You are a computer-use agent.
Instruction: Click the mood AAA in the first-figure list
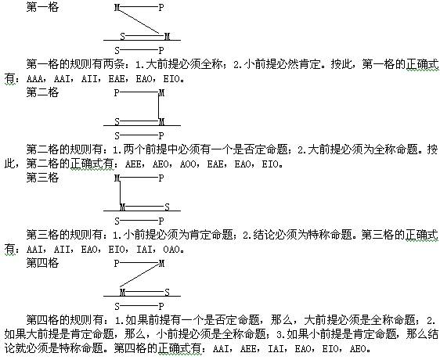click(x=34, y=79)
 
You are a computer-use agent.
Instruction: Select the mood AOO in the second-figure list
click(x=188, y=164)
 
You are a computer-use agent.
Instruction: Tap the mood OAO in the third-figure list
click(x=171, y=249)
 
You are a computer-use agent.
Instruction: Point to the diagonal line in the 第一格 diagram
click(x=139, y=21)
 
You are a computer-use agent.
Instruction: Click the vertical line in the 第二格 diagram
click(x=159, y=106)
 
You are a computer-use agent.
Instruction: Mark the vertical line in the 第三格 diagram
click(x=121, y=193)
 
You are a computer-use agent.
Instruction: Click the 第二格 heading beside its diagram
click(x=42, y=92)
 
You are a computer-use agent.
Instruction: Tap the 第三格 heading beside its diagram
click(x=42, y=178)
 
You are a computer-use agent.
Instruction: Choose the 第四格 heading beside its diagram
click(x=42, y=263)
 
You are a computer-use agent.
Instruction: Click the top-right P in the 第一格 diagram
click(x=160, y=8)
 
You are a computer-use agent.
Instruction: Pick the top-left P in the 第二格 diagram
click(x=117, y=93)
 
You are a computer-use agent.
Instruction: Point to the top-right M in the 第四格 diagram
click(x=161, y=264)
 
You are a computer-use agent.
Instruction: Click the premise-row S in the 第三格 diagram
click(x=167, y=207)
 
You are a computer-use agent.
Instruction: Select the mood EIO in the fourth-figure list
click(x=330, y=349)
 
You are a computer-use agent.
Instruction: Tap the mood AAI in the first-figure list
click(x=62, y=79)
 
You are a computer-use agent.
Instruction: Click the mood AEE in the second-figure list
click(x=133, y=164)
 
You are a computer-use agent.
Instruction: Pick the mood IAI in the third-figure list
click(x=144, y=249)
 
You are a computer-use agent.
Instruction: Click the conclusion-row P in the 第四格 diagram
click(x=160, y=307)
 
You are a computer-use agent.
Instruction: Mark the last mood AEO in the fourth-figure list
click(x=358, y=349)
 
